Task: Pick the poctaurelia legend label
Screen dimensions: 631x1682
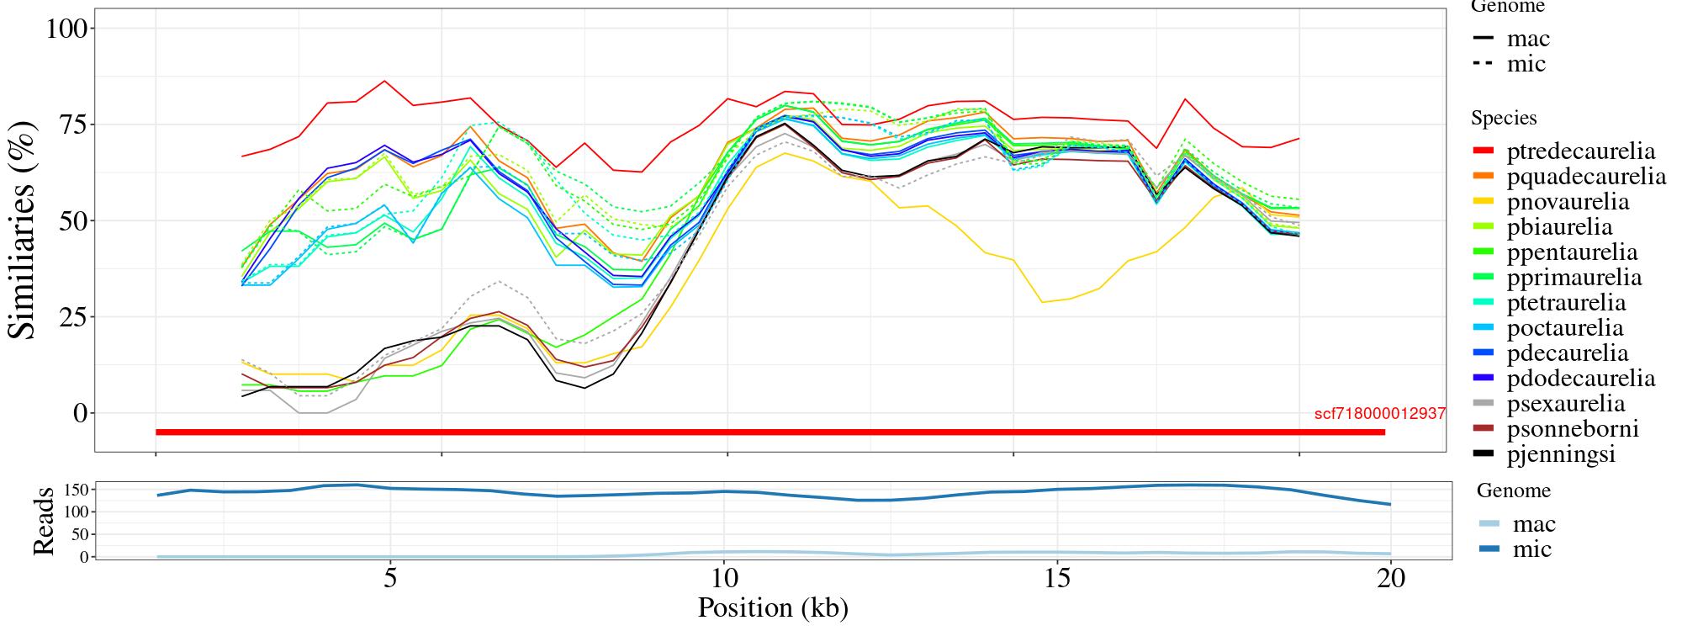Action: click(x=1564, y=328)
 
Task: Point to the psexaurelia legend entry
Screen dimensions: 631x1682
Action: click(x=1566, y=404)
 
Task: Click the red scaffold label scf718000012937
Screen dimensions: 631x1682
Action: click(x=1379, y=414)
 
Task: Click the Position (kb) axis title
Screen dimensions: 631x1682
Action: click(x=773, y=607)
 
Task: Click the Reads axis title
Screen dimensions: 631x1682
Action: click(x=43, y=521)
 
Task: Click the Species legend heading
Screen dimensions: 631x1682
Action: click(x=1504, y=119)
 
